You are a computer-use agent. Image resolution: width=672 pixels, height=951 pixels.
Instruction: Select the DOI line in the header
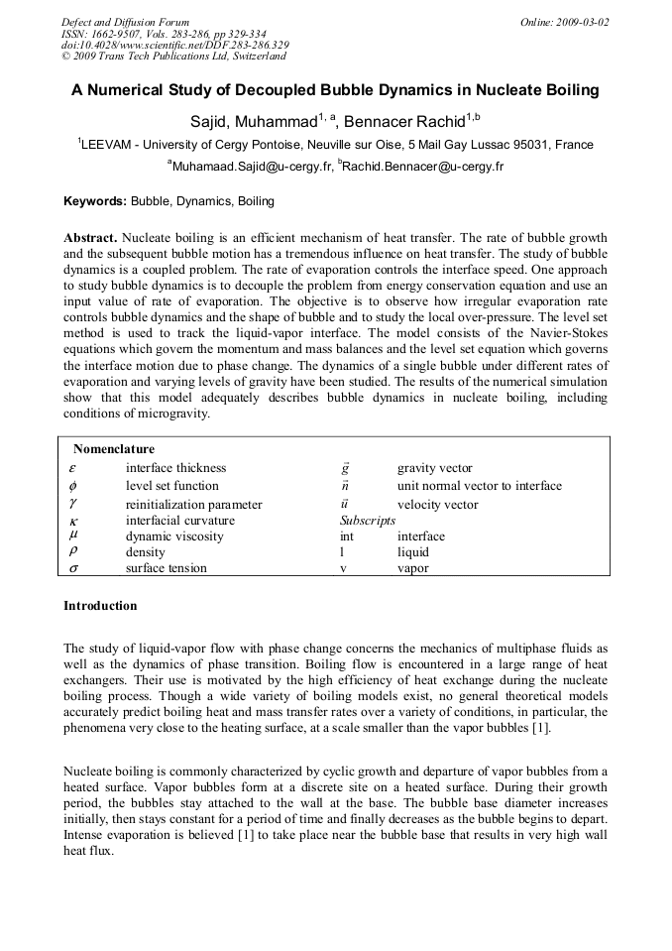coord(174,45)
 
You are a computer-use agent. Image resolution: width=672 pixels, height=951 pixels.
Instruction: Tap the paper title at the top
coord(335,90)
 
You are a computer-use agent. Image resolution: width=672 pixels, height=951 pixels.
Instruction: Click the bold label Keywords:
coord(95,201)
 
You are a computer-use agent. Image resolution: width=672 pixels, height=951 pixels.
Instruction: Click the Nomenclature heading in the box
coord(113,449)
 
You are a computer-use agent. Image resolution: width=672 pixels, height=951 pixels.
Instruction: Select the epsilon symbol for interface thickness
coord(72,468)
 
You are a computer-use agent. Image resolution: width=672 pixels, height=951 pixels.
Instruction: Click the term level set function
coord(172,486)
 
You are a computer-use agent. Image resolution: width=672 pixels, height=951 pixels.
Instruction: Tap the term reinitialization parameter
coord(193,505)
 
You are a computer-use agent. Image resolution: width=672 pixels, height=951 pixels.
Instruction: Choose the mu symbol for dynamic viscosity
coord(72,536)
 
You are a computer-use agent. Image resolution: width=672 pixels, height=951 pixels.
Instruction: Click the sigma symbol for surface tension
coord(72,568)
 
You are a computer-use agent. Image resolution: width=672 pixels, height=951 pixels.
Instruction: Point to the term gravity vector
coord(434,468)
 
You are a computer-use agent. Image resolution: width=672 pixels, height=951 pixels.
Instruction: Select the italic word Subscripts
coord(367,520)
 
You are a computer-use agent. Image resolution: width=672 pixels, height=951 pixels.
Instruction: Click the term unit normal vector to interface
coord(479,486)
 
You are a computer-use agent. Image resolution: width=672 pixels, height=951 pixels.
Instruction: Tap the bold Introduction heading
coord(100,606)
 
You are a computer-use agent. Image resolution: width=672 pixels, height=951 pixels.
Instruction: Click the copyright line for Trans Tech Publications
coord(173,57)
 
